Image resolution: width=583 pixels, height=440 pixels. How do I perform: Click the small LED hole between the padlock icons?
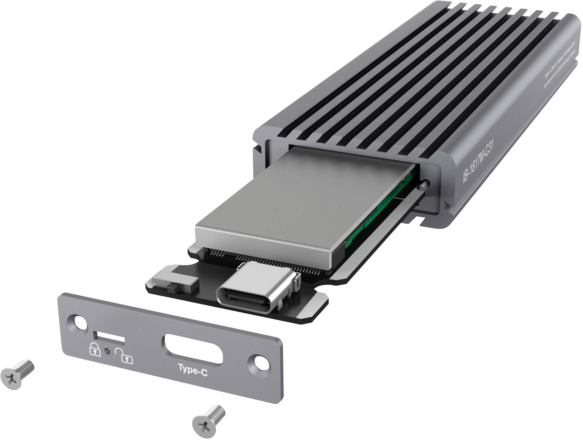coord(107,351)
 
